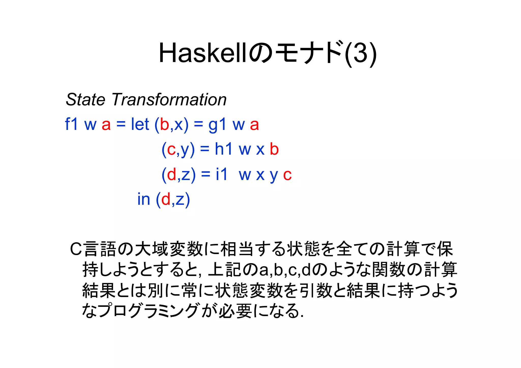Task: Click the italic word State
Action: click(x=85, y=99)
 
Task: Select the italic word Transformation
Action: click(x=169, y=99)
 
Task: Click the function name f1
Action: click(x=71, y=124)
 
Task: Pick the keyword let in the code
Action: click(x=140, y=124)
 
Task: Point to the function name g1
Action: click(x=217, y=125)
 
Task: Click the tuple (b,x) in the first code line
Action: click(x=172, y=125)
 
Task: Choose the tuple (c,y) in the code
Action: click(x=178, y=149)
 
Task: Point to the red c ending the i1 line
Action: click(x=287, y=175)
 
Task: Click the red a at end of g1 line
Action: click(x=254, y=125)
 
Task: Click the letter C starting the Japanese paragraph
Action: click(x=76, y=249)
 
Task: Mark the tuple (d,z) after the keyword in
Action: click(x=173, y=199)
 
